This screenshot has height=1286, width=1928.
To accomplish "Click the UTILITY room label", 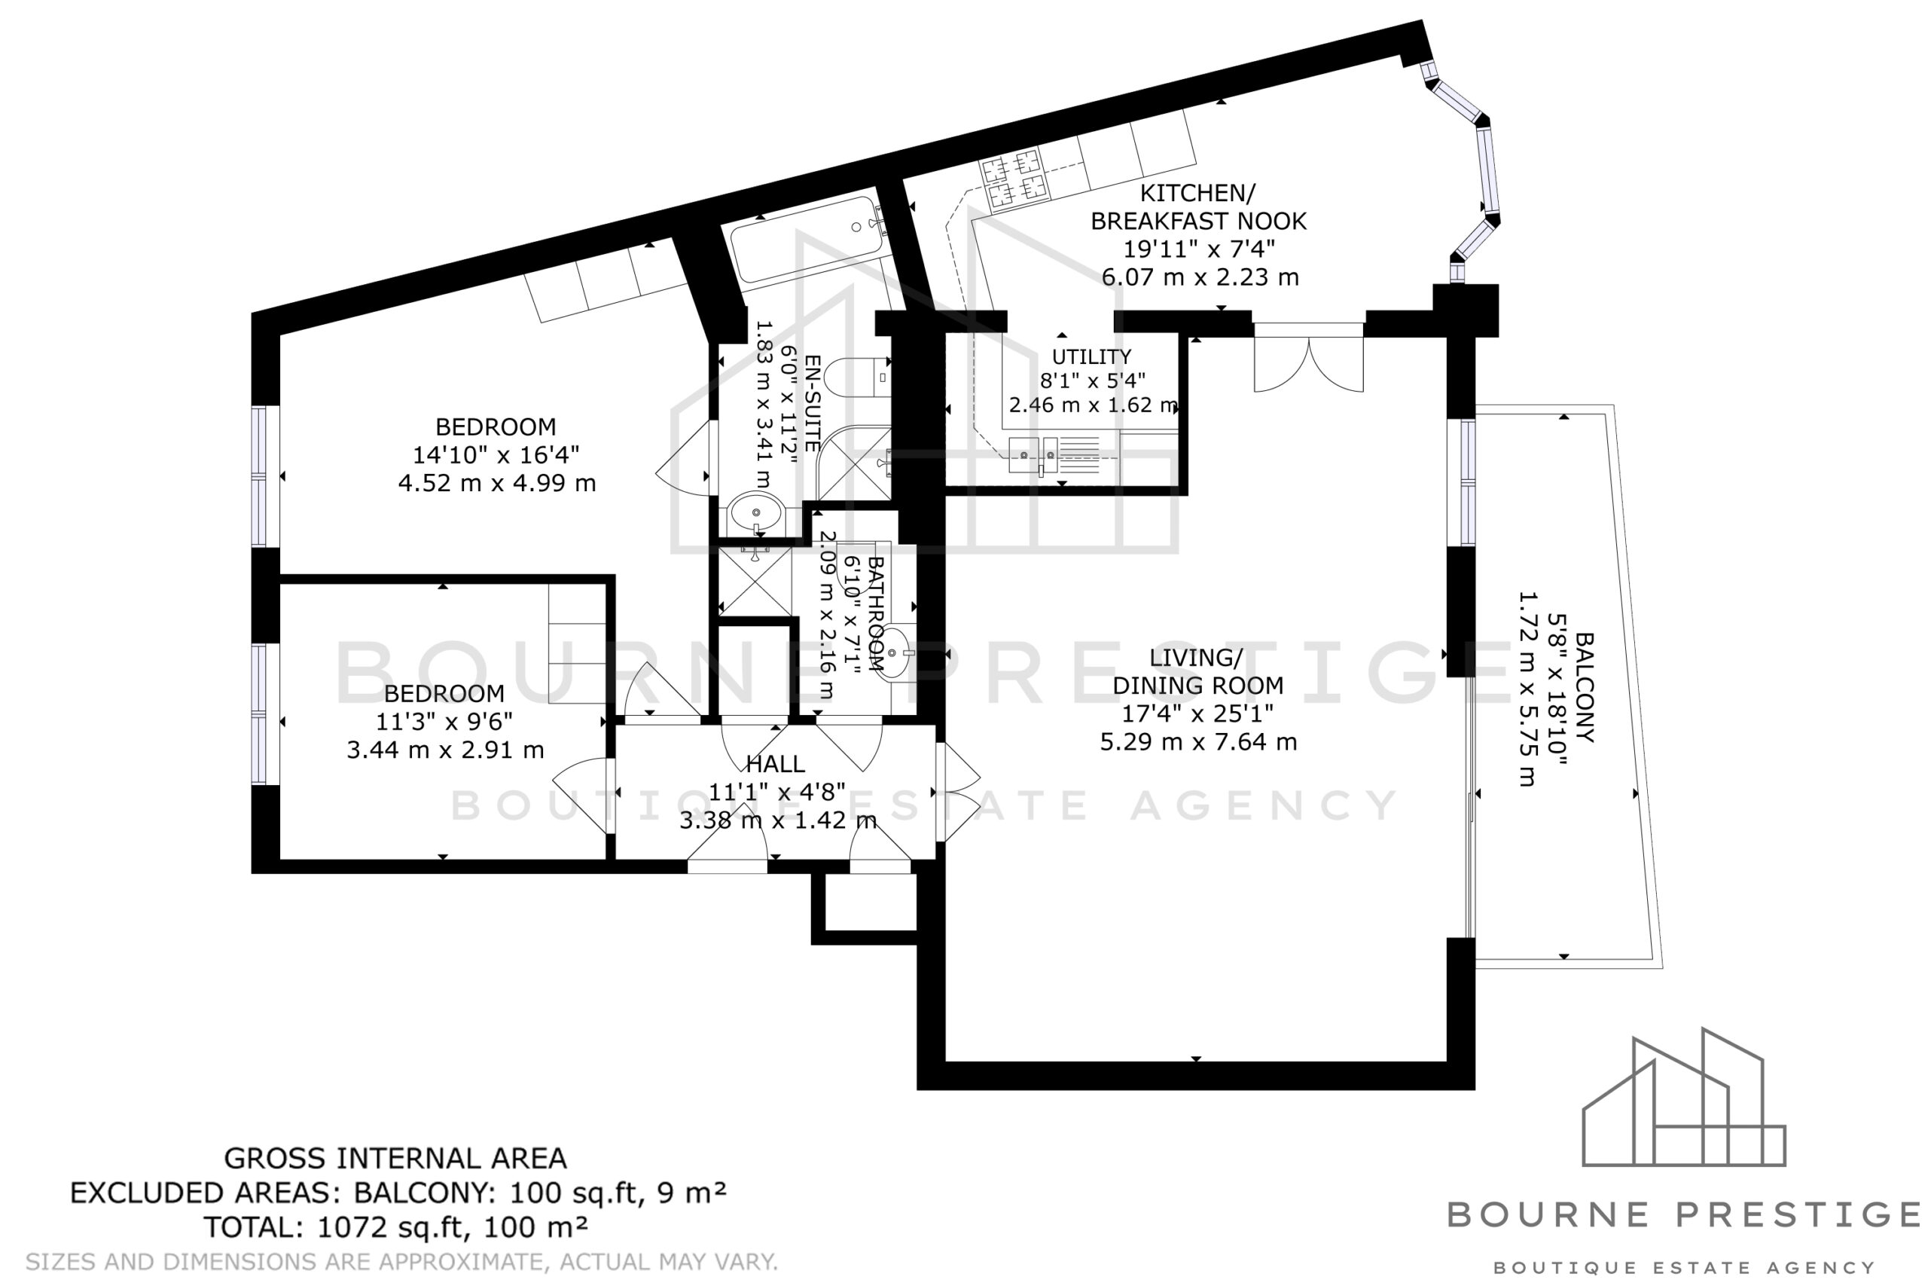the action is point(1091,357).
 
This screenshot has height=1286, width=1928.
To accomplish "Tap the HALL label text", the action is point(776,765).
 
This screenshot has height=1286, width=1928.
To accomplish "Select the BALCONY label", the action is point(1585,687).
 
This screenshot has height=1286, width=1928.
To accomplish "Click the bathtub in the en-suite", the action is point(807,238).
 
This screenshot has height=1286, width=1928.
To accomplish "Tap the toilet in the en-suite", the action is point(856,378).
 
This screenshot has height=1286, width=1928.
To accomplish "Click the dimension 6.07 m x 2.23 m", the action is point(1200,277).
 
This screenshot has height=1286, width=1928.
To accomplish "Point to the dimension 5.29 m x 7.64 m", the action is point(1198,742).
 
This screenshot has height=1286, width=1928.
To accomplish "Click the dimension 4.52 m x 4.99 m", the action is point(497,483).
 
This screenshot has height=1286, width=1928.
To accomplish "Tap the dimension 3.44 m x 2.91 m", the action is point(445,750).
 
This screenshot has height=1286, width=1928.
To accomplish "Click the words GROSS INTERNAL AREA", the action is point(395,1158).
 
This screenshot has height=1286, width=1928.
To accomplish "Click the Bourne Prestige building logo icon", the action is point(1684,1097).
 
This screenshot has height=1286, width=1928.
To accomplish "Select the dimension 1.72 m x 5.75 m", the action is point(1527,689).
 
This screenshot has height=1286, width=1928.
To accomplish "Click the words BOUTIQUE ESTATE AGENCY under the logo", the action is point(1684,1268).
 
